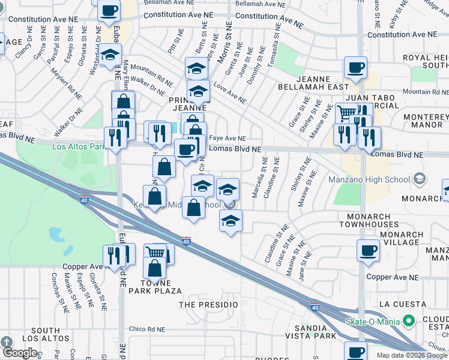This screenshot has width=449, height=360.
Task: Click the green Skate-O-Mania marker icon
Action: (x=409, y=321)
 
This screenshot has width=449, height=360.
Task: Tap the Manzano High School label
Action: (x=369, y=179)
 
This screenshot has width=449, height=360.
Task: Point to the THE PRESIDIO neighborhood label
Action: (x=209, y=305)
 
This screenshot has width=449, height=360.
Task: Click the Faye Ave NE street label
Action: (x=227, y=137)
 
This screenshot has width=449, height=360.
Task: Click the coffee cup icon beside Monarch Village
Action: (x=368, y=251)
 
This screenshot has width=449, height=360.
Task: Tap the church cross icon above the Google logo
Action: (x=7, y=343)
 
